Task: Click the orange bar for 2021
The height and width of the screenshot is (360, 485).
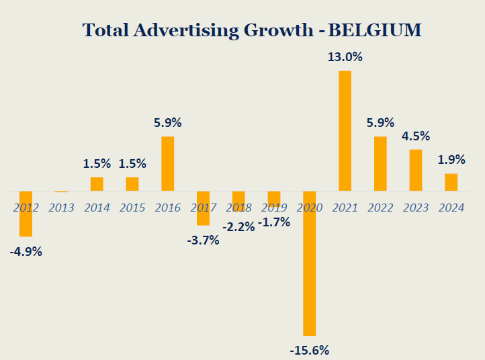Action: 345,131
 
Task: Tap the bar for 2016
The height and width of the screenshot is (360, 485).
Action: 167,164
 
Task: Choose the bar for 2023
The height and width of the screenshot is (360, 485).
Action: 416,170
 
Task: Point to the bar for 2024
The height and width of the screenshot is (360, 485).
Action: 451,182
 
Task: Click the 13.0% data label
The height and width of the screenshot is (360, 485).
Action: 345,58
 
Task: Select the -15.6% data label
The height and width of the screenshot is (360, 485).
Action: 310,350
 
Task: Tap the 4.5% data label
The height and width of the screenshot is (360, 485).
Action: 416,136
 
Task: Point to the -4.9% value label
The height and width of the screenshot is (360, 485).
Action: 26,253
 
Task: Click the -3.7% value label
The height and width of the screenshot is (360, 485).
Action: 203,240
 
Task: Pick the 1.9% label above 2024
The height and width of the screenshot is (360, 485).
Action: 451,160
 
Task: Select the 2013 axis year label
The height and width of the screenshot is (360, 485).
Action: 61,208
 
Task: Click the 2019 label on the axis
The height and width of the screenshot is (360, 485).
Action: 273,208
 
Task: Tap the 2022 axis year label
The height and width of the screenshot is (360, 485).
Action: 380,208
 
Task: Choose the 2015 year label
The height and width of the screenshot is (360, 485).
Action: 132,208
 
